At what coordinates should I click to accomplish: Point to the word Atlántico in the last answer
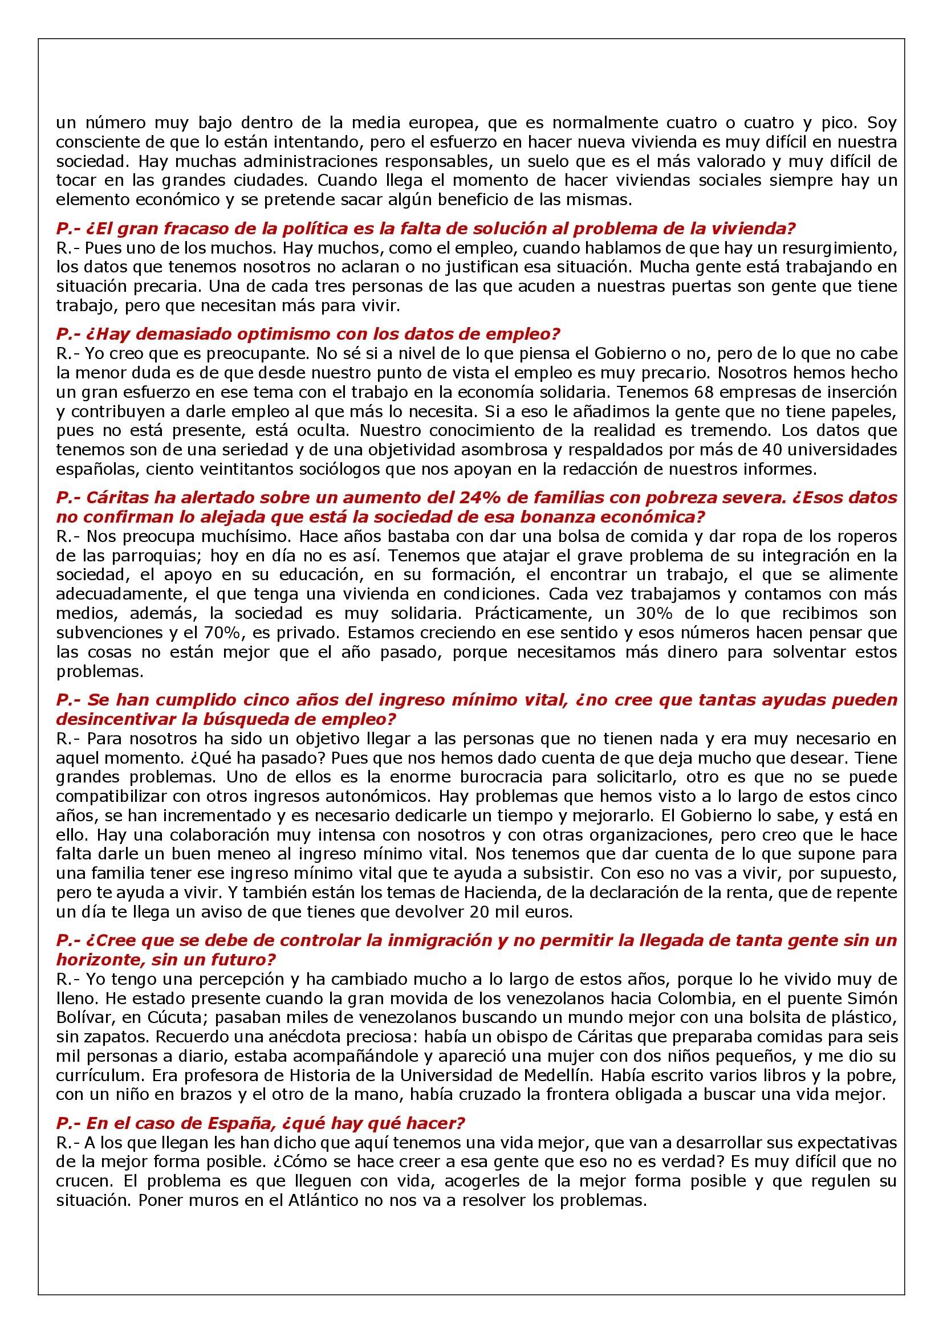(321, 1200)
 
